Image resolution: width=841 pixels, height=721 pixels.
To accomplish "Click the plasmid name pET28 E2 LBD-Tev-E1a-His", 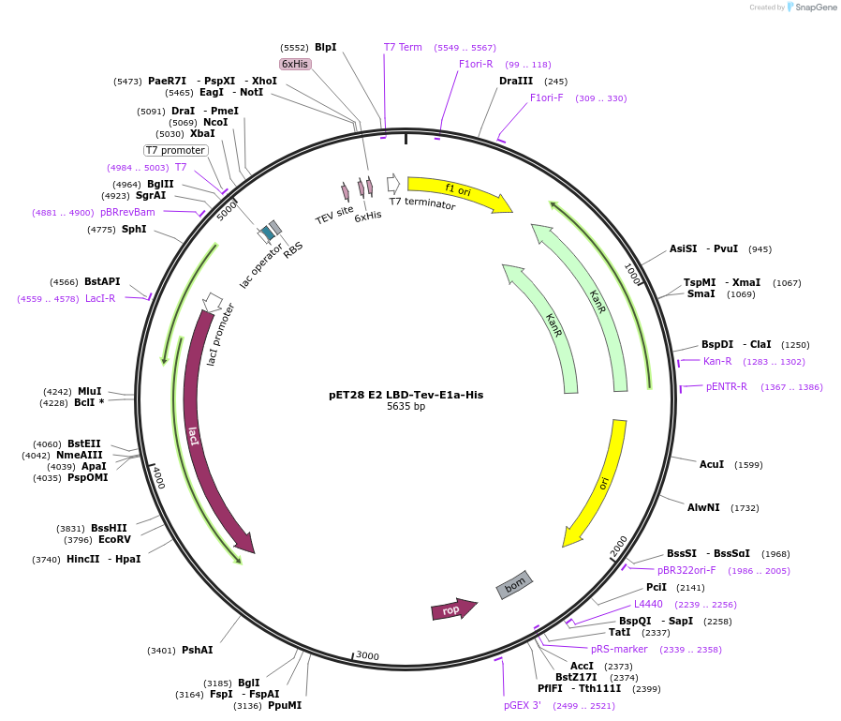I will (406, 395).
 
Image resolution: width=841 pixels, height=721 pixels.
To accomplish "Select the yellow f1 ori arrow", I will (459, 191).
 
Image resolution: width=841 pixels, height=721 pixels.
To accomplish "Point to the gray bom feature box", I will (514, 585).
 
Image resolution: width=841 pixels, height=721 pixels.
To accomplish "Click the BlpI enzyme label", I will (325, 47).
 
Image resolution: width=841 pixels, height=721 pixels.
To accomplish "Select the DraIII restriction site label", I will (516, 81).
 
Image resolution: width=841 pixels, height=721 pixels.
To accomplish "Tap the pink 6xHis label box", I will (295, 64).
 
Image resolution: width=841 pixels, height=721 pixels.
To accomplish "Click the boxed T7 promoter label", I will (175, 150).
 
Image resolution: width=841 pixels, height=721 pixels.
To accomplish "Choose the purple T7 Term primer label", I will (403, 47).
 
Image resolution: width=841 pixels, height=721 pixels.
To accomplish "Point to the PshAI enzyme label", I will (197, 650).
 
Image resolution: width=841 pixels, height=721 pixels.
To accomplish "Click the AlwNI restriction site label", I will (703, 507).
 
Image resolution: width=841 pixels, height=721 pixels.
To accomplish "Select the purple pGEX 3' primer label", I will (523, 705).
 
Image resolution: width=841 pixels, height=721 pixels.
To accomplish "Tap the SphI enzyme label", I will (134, 229).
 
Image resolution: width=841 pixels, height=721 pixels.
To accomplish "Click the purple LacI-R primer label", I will (100, 298).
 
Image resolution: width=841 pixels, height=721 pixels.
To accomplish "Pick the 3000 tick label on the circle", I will (367, 655).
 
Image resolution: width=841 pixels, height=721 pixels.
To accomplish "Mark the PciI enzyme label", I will (656, 587).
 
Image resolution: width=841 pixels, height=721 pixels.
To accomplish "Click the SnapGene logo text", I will (817, 8).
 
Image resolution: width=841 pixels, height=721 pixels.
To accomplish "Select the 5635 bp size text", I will (406, 407).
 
